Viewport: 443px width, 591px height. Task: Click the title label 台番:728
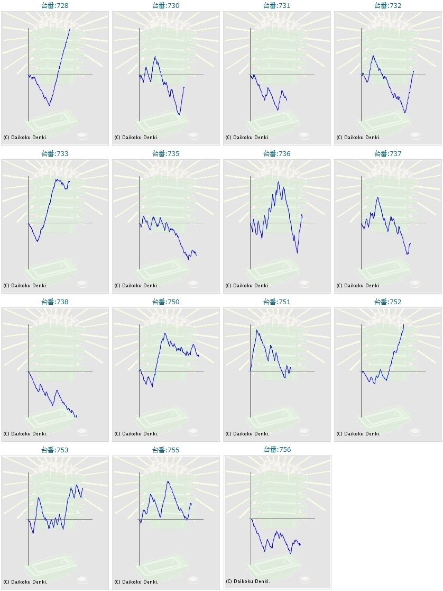click(x=55, y=6)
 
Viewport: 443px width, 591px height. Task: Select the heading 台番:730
click(x=166, y=6)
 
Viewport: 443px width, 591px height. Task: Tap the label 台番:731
click(x=277, y=6)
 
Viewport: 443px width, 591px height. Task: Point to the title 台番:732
click(x=388, y=6)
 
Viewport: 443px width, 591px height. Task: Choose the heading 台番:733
click(x=55, y=154)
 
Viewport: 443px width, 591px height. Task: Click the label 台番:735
click(x=166, y=154)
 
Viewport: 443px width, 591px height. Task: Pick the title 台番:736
click(x=277, y=154)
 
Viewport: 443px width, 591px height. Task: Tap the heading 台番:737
click(x=388, y=154)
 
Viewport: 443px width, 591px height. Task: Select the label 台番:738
click(x=55, y=302)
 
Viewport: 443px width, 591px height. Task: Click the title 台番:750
click(x=166, y=302)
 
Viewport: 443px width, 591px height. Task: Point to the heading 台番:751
click(x=277, y=302)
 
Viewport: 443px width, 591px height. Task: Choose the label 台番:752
click(x=388, y=302)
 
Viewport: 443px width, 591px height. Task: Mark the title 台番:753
click(x=55, y=450)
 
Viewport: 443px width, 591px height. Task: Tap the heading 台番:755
click(x=166, y=450)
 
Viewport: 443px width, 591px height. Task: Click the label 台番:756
click(x=277, y=450)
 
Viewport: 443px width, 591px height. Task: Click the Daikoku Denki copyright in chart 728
click(x=25, y=138)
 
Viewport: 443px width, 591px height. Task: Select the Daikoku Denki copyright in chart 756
click(x=247, y=581)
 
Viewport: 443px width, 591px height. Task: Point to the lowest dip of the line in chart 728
click(x=49, y=105)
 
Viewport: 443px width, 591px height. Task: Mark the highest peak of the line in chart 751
click(x=257, y=330)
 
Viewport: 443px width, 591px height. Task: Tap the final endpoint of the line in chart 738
click(x=76, y=416)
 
